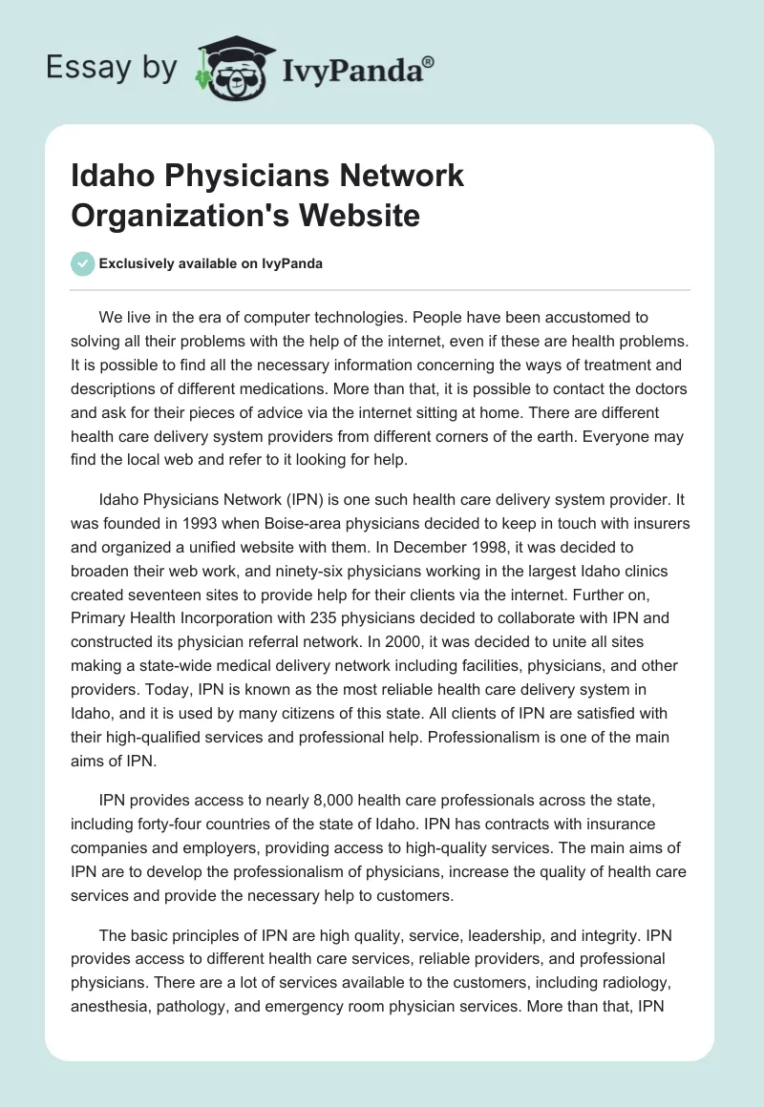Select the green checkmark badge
point(82,263)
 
